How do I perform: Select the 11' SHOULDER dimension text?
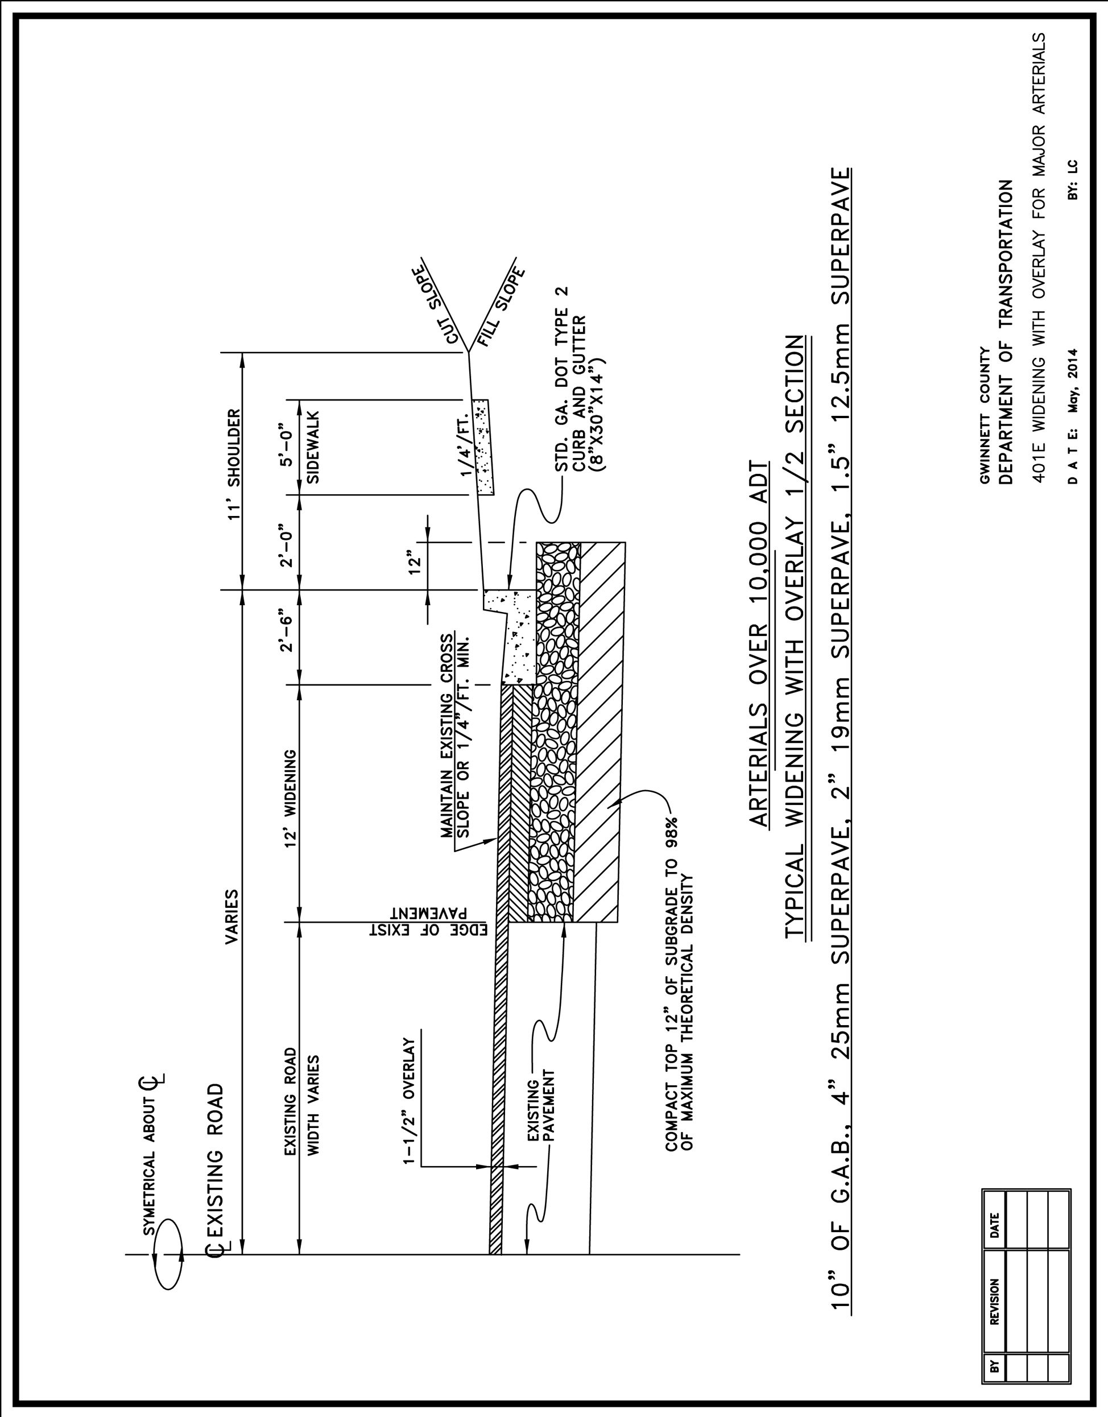234,465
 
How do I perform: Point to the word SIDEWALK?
313,447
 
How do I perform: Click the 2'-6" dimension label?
286,629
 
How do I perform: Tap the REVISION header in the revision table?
994,1301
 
